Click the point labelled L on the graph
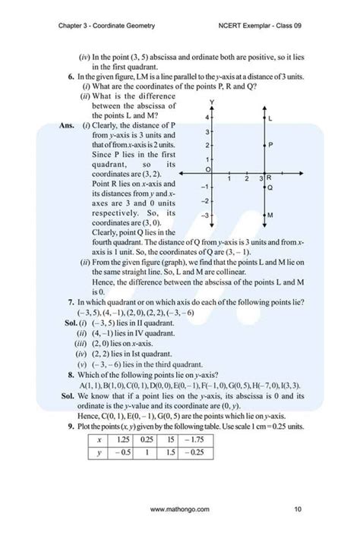point(262,120)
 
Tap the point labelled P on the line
point(262,144)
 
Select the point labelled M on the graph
point(262,216)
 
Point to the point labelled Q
point(262,187)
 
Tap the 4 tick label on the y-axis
point(207,118)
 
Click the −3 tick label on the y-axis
point(206,216)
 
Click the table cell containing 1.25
point(123,439)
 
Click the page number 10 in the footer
point(297,508)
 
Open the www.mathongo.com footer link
point(180,508)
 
